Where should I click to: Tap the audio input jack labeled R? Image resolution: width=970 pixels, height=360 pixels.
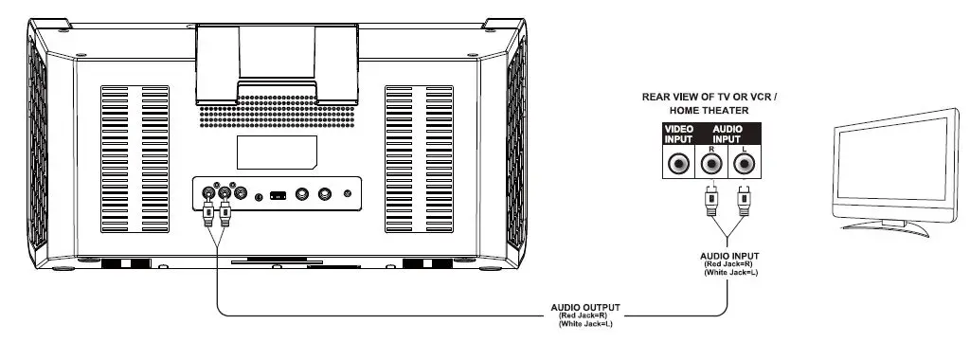(x=710, y=163)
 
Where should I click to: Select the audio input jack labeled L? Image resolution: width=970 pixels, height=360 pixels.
(x=745, y=163)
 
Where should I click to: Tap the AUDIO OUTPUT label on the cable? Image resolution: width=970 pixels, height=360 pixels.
(x=585, y=307)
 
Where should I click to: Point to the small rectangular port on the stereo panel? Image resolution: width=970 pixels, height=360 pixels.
(x=277, y=195)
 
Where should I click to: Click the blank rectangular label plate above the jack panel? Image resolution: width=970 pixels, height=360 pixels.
(x=276, y=153)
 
